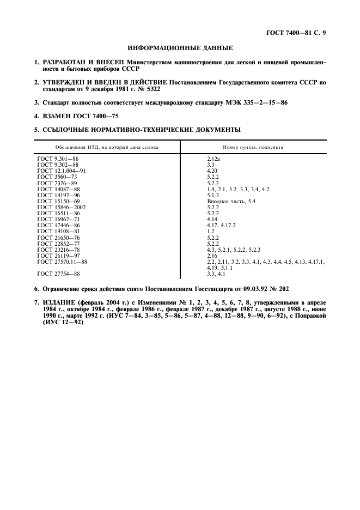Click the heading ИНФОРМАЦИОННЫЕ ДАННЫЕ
pos(180,48)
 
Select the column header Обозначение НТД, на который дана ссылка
pos(106,148)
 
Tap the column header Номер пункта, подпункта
pos(253,148)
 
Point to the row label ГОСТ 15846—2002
pos(61,207)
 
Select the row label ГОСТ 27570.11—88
pos(62,262)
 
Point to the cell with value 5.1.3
pos(213,195)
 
